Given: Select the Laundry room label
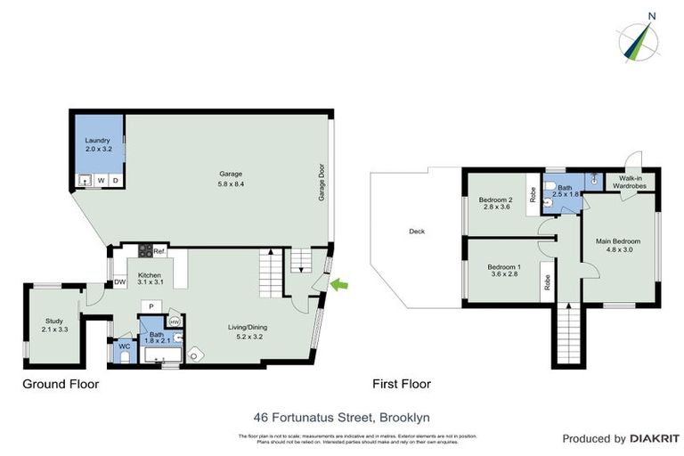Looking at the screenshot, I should pyautogui.click(x=96, y=141).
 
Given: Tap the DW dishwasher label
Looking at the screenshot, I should pyautogui.click(x=119, y=283).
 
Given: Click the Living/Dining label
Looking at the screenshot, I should pyautogui.click(x=247, y=327).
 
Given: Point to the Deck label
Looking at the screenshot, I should pyautogui.click(x=417, y=232).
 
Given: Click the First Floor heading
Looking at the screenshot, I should pyautogui.click(x=401, y=385).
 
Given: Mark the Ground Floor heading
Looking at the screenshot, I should pyautogui.click(x=61, y=385).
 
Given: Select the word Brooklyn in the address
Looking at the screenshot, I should pyautogui.click(x=406, y=416).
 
